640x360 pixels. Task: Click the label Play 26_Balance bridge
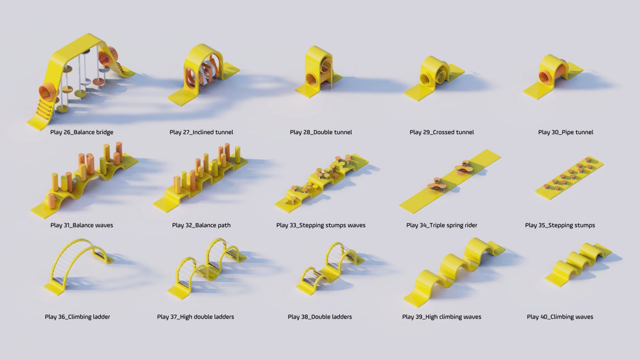click(82, 132)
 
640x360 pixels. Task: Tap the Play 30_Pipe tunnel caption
click(566, 132)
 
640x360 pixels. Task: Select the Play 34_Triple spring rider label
click(442, 226)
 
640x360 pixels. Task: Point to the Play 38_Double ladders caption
click(320, 317)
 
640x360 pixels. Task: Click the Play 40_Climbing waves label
click(560, 317)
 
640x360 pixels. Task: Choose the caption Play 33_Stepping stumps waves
click(321, 226)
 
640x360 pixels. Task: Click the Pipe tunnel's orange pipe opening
click(544, 76)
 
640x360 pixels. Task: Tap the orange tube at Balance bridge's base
click(48, 92)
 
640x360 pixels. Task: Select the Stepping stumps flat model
click(569, 178)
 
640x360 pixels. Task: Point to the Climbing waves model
click(578, 265)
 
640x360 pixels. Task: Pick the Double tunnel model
click(318, 72)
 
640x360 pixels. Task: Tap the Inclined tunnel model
click(204, 75)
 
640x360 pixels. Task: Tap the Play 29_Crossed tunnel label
click(442, 132)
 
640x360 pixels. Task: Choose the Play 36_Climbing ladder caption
click(78, 317)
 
